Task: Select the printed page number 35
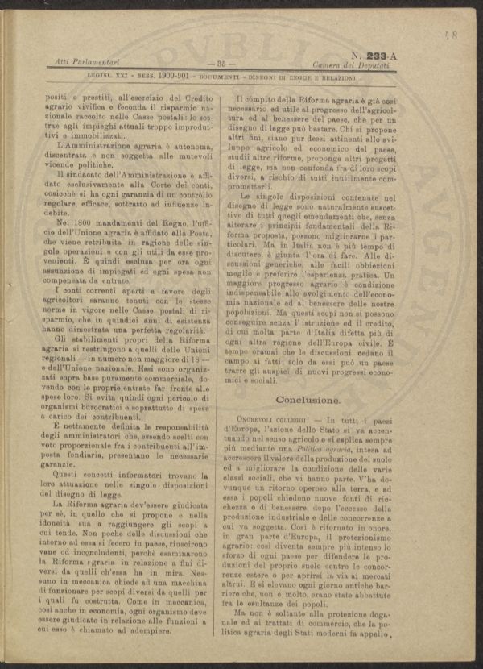pyautogui.click(x=220, y=63)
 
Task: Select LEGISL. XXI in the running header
pyautogui.click(x=110, y=77)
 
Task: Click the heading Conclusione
pyautogui.click(x=307, y=400)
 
